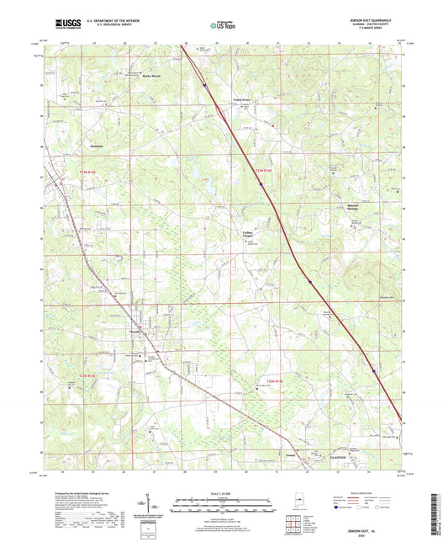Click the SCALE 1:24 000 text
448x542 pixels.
tap(224, 493)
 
